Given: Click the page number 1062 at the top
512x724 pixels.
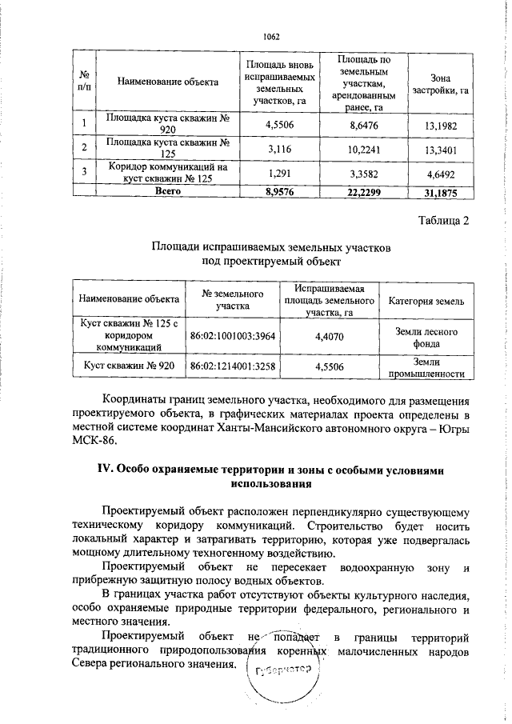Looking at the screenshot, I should [271, 37].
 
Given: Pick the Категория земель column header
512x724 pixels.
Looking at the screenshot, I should [426, 301].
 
